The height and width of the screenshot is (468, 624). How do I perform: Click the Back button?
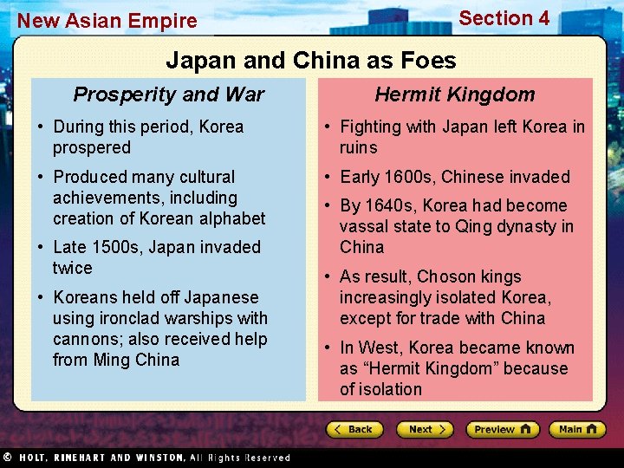click(x=354, y=429)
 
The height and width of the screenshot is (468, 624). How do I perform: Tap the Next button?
click(x=424, y=429)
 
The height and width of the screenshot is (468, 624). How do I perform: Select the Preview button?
click(x=502, y=429)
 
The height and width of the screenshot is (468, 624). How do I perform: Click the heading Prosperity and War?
click(x=169, y=94)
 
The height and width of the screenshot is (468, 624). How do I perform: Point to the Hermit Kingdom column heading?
click(x=455, y=94)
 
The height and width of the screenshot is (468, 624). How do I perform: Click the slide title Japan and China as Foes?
click(x=310, y=60)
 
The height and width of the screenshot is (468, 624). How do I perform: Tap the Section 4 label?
click(x=504, y=18)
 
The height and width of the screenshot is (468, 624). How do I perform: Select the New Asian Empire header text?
click(x=107, y=20)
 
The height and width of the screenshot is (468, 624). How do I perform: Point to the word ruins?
click(x=359, y=147)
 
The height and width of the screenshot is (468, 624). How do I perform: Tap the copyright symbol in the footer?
click(x=7, y=457)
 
